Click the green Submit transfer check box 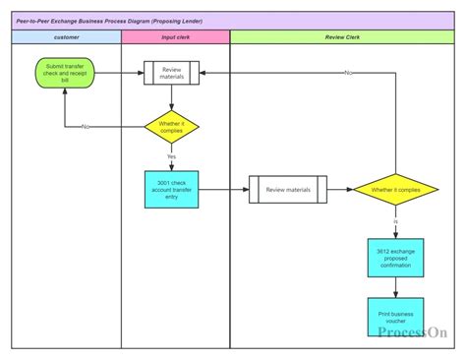[65, 73]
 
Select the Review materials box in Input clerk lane [172, 73]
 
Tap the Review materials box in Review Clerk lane [287, 189]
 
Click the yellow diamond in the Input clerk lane [172, 126]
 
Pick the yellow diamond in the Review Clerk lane [395, 189]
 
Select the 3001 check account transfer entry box [172, 189]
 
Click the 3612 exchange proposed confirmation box [395, 258]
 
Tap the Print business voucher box [395, 316]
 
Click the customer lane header [66, 36]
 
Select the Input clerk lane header [176, 36]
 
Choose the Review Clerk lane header [342, 36]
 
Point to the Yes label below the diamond [172, 156]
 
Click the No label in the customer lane [87, 127]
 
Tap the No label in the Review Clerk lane [348, 73]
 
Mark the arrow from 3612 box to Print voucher [395, 287]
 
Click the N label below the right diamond [395, 222]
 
